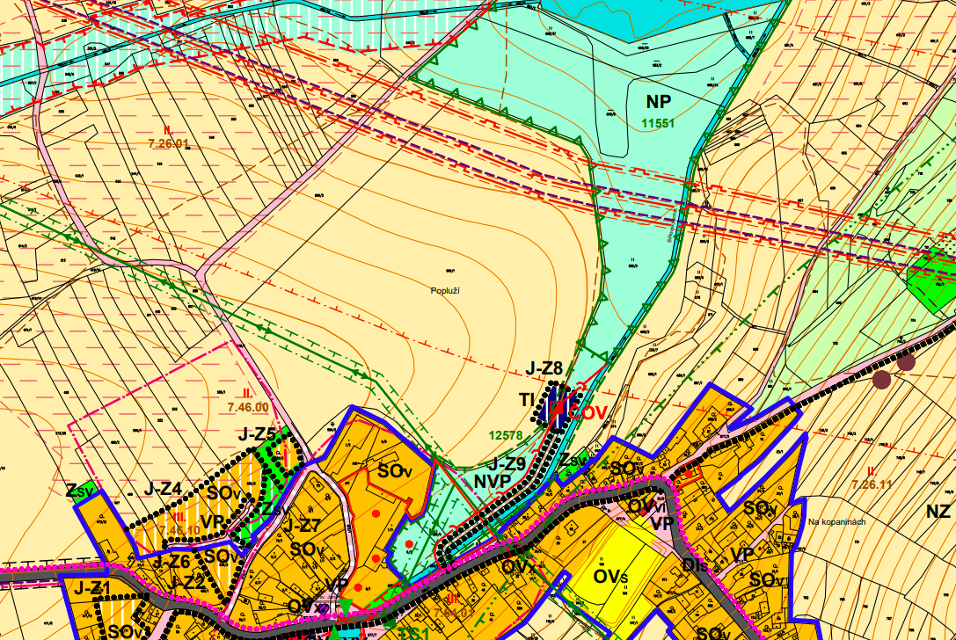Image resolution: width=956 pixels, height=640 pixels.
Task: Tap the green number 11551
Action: pyautogui.click(x=659, y=124)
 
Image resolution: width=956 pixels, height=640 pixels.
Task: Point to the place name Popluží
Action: pyautogui.click(x=446, y=290)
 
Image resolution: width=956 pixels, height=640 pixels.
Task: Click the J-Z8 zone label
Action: pyautogui.click(x=544, y=368)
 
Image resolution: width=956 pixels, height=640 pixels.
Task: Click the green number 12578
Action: pyautogui.click(x=506, y=433)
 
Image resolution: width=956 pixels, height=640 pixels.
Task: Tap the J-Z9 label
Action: pyautogui.click(x=507, y=463)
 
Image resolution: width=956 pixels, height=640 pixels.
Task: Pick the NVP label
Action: pyautogui.click(x=493, y=482)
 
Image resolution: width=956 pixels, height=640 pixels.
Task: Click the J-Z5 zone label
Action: pyautogui.click(x=258, y=433)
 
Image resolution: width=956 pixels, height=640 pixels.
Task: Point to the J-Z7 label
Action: pyautogui.click(x=302, y=527)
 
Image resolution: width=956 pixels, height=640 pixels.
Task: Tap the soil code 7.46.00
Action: pyautogui.click(x=247, y=407)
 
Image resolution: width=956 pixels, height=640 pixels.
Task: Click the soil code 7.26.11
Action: pyautogui.click(x=871, y=484)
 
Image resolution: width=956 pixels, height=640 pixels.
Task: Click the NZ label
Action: pyautogui.click(x=938, y=510)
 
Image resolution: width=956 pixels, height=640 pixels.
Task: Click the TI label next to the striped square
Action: pyautogui.click(x=527, y=400)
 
